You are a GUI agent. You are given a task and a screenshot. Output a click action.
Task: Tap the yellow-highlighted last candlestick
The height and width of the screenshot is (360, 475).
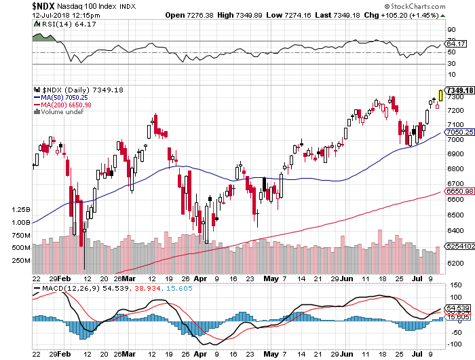[x=442, y=96]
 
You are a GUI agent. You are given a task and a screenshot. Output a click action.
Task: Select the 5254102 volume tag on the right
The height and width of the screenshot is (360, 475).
[x=457, y=247]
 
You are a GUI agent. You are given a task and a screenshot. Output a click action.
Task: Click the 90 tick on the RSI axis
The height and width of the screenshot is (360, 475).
[x=451, y=30]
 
